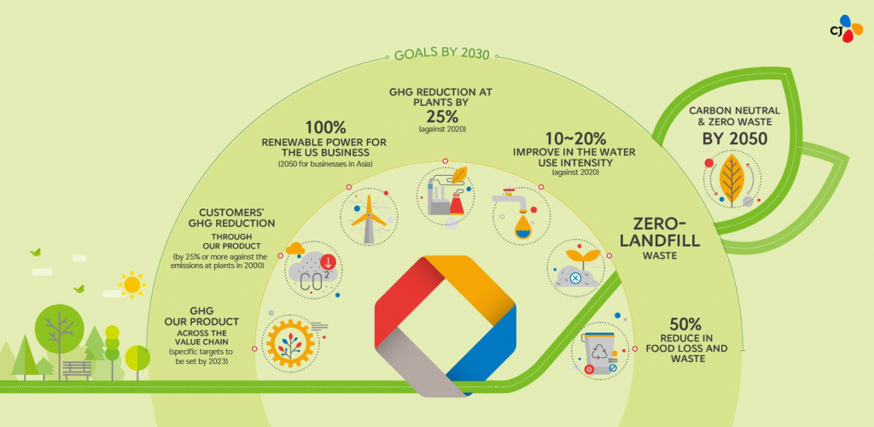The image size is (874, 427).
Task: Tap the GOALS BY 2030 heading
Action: click(441, 54)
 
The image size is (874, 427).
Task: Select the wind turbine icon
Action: click(369, 216)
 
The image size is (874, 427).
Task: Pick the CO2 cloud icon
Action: click(313, 270)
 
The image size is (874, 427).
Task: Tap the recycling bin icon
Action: click(599, 351)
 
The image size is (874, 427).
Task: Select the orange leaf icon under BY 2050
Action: click(731, 180)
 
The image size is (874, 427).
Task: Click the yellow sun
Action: click(132, 284)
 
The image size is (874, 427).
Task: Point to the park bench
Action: click(77, 371)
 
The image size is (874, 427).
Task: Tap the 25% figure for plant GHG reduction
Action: click(442, 116)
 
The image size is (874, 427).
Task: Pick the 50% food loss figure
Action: click(686, 324)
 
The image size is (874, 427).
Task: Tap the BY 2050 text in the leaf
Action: click(734, 138)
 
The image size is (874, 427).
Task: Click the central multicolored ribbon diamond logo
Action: click(446, 326)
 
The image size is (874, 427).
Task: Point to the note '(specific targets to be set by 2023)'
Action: click(201, 357)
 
